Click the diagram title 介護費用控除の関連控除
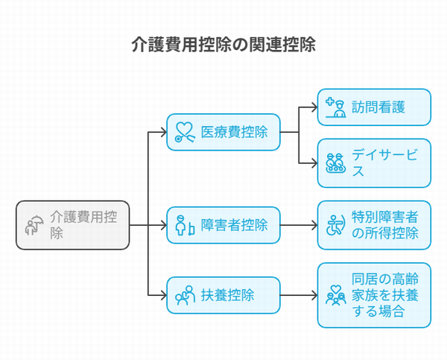click(x=223, y=45)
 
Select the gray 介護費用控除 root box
click(x=73, y=225)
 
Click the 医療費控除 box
click(x=223, y=132)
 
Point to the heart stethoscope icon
click(x=185, y=132)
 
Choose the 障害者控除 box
click(x=223, y=225)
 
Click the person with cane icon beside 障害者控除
click(x=185, y=225)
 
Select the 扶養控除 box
click(x=223, y=295)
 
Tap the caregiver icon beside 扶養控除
click(x=185, y=295)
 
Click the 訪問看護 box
click(x=374, y=107)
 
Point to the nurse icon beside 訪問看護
click(x=336, y=107)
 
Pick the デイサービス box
click(x=374, y=163)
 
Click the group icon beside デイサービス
click(x=336, y=163)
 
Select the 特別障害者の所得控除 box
click(x=374, y=225)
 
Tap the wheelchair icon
click(x=336, y=225)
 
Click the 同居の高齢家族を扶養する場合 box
click(x=374, y=295)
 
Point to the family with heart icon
click(x=336, y=295)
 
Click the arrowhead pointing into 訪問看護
click(x=315, y=107)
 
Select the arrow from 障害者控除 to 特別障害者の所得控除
click(x=299, y=225)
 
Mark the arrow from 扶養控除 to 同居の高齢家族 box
click(x=299, y=295)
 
